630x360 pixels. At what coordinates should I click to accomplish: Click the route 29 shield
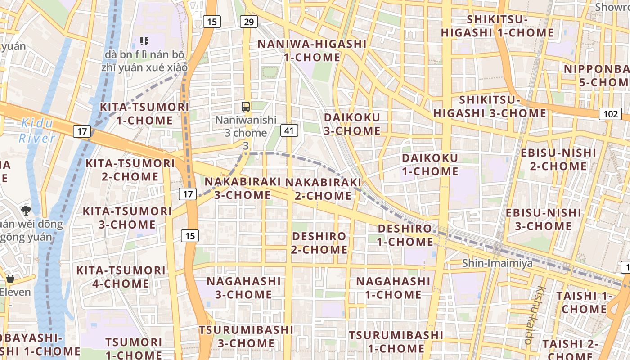click(248, 21)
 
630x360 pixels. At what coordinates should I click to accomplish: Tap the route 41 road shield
click(289, 131)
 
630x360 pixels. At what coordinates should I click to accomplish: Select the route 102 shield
click(610, 114)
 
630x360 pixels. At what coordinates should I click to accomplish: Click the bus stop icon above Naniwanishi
click(246, 107)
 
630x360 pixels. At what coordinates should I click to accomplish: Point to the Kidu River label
click(37, 130)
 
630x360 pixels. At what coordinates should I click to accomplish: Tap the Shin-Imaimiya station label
click(497, 263)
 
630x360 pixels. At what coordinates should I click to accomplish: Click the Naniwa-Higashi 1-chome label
click(312, 50)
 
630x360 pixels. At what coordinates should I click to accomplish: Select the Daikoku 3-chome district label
click(352, 124)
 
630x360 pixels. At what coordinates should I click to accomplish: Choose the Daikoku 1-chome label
click(430, 165)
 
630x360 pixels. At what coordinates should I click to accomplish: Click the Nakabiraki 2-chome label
click(323, 189)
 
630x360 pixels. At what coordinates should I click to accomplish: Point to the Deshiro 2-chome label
click(319, 243)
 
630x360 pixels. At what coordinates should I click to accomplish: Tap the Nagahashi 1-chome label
click(393, 288)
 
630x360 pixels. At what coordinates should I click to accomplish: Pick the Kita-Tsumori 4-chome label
click(121, 277)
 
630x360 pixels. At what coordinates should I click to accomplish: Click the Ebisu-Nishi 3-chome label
click(543, 219)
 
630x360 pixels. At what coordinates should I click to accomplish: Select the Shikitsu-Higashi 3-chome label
click(490, 107)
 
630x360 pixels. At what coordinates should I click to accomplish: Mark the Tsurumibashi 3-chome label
click(246, 337)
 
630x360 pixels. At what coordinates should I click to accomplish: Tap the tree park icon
click(26, 210)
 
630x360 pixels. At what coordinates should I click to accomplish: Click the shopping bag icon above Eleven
click(10, 279)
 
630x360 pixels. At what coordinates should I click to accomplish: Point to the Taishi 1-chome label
click(584, 302)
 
